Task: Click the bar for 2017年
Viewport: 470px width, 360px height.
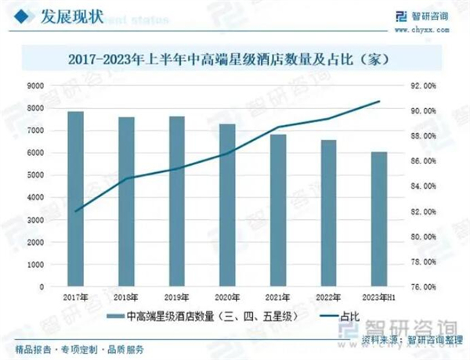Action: coord(76,199)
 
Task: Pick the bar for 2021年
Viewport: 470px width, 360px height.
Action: coord(278,211)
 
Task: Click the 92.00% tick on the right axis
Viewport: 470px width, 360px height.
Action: coord(422,85)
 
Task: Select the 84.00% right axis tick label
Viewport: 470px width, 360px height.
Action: coord(422,186)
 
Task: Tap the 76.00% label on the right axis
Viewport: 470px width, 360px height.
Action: coord(422,286)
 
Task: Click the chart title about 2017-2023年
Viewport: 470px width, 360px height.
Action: coord(235,58)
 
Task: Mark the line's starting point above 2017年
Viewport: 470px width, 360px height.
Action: coord(76,211)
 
